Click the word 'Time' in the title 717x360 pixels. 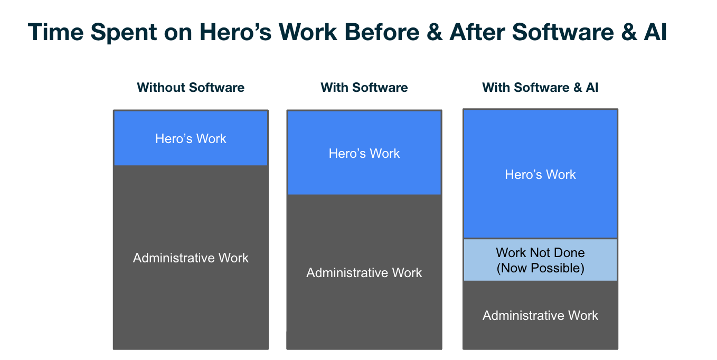(55, 32)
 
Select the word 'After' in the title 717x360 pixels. (477, 32)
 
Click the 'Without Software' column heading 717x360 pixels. (191, 87)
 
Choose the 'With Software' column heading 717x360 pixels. (364, 87)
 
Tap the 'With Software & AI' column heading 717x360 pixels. (540, 87)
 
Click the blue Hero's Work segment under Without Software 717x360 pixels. (191, 138)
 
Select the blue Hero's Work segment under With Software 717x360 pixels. (364, 153)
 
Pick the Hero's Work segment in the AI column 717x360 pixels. (540, 174)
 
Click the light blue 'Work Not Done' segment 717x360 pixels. (540, 260)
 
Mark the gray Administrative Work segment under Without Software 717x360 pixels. (191, 257)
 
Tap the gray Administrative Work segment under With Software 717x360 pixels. (364, 272)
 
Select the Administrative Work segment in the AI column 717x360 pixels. (540, 315)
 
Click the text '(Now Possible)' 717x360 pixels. (540, 268)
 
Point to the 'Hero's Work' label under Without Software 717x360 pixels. (191, 138)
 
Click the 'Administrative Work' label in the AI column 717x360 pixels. (540, 316)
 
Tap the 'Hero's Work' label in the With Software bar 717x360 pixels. (364, 153)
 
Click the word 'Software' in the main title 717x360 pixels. (563, 32)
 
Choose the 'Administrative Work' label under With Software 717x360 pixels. (364, 273)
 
